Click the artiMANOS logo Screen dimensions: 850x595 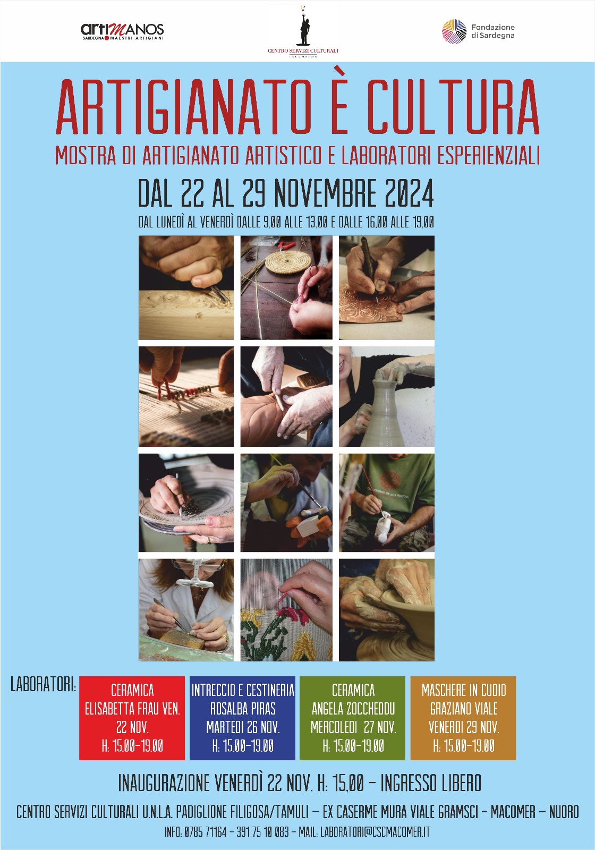pyautogui.click(x=122, y=31)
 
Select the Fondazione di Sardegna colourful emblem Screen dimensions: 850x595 pyautogui.click(x=454, y=31)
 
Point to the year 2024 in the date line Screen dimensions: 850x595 pyautogui.click(x=408, y=193)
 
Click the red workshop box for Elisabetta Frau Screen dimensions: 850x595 pyautogui.click(x=132, y=718)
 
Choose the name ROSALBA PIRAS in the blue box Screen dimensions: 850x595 pyautogui.click(x=243, y=709)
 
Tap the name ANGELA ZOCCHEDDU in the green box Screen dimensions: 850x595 pyautogui.click(x=353, y=709)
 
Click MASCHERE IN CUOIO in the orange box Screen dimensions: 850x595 pyautogui.click(x=464, y=690)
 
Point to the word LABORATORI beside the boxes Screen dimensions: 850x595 pyautogui.click(x=43, y=685)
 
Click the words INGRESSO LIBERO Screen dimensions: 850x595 pyautogui.click(x=430, y=783)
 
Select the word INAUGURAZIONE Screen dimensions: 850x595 pyautogui.click(x=164, y=783)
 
